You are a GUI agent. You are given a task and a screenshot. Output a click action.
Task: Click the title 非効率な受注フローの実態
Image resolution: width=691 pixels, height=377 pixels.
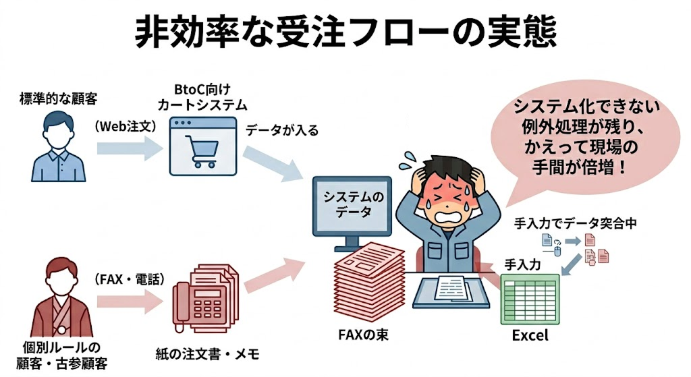345,32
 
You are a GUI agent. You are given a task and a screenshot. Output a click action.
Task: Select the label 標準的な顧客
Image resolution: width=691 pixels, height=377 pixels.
59,98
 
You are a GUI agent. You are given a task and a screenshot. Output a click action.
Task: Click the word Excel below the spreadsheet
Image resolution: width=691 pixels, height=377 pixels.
530,336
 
